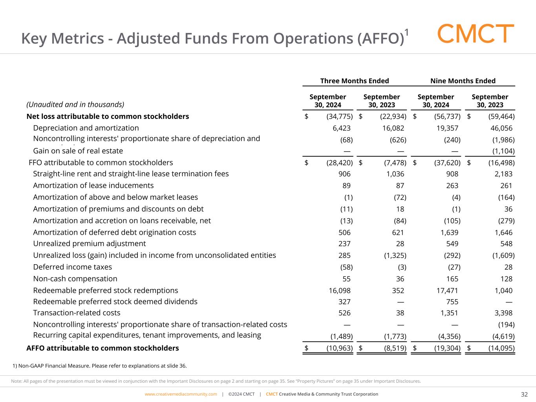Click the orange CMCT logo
click(x=476, y=34)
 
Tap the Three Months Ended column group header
click(x=354, y=81)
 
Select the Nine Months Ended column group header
click(x=463, y=81)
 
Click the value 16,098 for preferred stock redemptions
click(x=339, y=291)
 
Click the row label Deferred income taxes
click(x=72, y=267)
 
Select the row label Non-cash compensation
click(x=75, y=279)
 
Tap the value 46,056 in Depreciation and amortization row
click(x=501, y=128)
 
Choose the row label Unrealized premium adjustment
click(x=89, y=243)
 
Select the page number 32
click(x=524, y=394)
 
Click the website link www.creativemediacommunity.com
click(x=181, y=394)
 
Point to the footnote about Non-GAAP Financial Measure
click(x=100, y=366)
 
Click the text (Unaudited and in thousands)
click(x=75, y=104)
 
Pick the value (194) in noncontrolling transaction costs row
click(x=507, y=325)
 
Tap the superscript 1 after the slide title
click(x=407, y=33)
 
